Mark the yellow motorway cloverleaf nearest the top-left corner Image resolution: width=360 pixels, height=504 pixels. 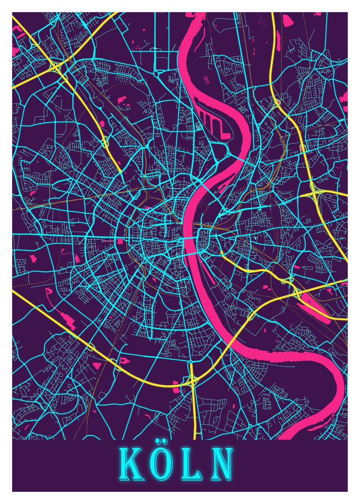pyautogui.click(x=54, y=66)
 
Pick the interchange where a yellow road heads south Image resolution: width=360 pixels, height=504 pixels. pyautogui.click(x=192, y=381)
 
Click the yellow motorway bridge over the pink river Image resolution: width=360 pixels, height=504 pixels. pyautogui.click(x=231, y=341)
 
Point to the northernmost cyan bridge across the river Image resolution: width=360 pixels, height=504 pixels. pyautogui.click(x=241, y=160)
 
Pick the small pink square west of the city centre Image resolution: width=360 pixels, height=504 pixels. pyautogui.click(x=121, y=241)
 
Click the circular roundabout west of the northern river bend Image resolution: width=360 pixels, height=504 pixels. pyautogui.click(x=156, y=73)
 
